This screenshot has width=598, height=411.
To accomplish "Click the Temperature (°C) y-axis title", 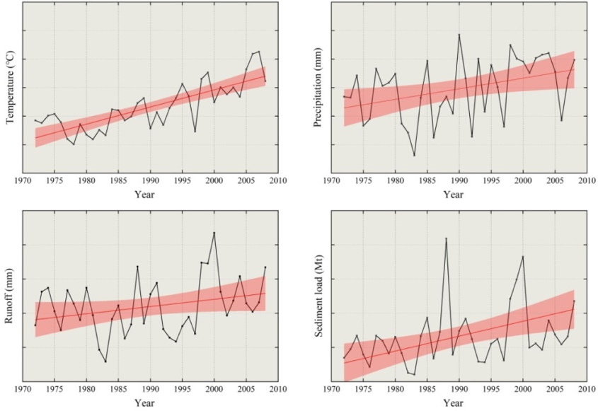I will (10, 88).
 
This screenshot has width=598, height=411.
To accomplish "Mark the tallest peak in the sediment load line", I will (446, 238).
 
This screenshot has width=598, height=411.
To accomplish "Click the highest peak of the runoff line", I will (214, 233).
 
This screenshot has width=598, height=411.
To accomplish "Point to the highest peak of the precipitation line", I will (459, 34).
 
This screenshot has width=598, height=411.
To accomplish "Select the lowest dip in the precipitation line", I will (414, 156).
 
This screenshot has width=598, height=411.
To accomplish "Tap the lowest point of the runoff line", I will (105, 361).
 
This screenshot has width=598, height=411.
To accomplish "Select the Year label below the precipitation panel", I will (453, 194).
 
